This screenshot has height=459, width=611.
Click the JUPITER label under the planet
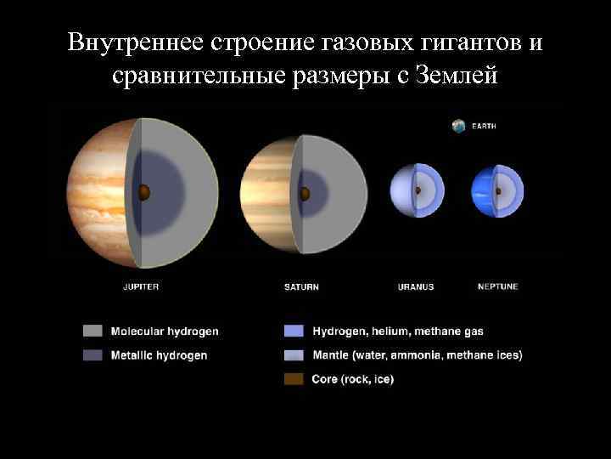pos(141,286)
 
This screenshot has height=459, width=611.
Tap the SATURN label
pos(301,287)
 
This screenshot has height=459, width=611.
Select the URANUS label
pos(416,287)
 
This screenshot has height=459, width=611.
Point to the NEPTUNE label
pos(498,286)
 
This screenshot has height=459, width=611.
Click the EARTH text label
pos(484,127)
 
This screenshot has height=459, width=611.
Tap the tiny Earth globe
pos(459,126)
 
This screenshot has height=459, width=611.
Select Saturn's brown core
pos(305,193)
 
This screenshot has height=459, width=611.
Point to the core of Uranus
pos(417,191)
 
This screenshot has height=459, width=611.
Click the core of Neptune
pos(498,190)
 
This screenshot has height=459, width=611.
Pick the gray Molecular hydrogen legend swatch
pos(92,331)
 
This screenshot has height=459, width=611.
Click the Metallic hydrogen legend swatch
pos(92,355)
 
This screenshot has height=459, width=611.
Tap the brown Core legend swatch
pos(294,379)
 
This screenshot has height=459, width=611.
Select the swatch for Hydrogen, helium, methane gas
pos(294,331)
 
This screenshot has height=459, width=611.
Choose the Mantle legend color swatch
pos(294,355)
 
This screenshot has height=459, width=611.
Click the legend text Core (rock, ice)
pos(352,379)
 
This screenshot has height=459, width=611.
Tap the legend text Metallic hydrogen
pos(159,355)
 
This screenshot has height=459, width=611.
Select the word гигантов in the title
pos(459,42)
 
